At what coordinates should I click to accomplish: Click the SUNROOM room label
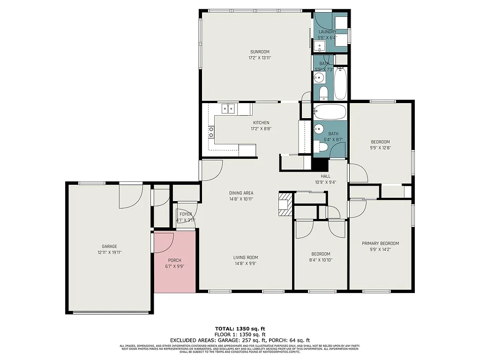[260, 52]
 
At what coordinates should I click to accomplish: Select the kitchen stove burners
[212, 132]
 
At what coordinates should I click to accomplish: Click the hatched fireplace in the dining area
[285, 203]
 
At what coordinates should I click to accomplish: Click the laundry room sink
[320, 46]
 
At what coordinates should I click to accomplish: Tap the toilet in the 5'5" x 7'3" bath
[323, 94]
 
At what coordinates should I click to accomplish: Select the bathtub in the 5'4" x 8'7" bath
[330, 112]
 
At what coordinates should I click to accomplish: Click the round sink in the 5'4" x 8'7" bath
[319, 128]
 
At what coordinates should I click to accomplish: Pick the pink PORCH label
[174, 260]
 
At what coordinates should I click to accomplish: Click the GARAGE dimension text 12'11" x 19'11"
[110, 252]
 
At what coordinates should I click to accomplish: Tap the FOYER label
[186, 214]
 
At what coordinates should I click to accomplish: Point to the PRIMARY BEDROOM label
[380, 243]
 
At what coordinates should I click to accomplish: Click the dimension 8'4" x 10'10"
[321, 260]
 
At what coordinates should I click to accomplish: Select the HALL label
[326, 176]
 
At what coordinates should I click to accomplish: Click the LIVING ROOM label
[246, 257]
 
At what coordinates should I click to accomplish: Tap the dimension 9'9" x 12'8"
[380, 148]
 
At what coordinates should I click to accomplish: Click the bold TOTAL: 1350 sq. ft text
[240, 329]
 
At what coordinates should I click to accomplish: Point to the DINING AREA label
[241, 193]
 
